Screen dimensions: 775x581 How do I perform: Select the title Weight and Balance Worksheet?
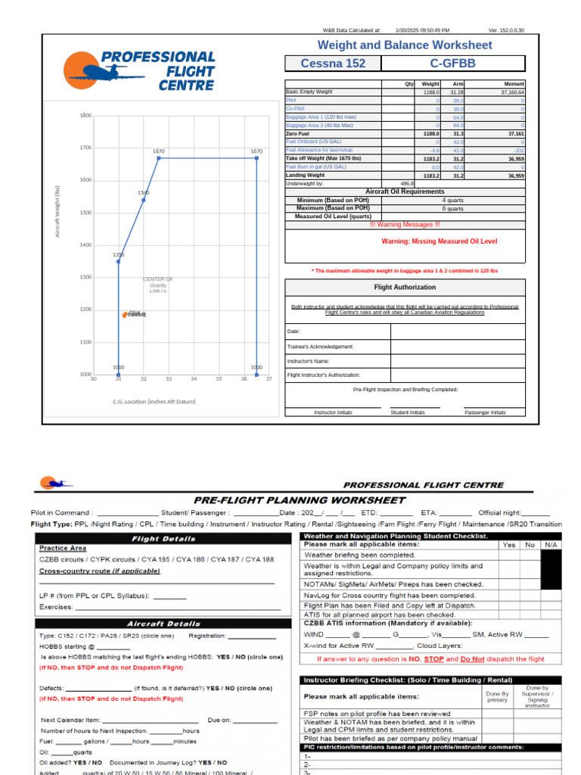pyautogui.click(x=404, y=45)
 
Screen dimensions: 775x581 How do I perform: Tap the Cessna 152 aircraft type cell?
pyautogui.click(x=333, y=64)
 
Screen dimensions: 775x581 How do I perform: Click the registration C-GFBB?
pyautogui.click(x=452, y=64)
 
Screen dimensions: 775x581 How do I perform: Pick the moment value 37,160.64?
pyautogui.click(x=507, y=92)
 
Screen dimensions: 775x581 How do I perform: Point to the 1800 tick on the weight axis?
pyautogui.click(x=85, y=116)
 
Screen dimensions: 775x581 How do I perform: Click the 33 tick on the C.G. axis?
pyautogui.click(x=169, y=379)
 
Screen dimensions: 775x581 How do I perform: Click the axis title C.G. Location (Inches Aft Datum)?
pyautogui.click(x=154, y=401)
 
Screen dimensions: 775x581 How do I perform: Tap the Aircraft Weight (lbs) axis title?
pyautogui.click(x=57, y=211)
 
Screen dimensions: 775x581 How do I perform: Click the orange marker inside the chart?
pyautogui.click(x=126, y=315)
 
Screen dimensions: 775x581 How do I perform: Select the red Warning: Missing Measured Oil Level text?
pyautogui.click(x=440, y=241)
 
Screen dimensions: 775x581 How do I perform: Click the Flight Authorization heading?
pyautogui.click(x=405, y=288)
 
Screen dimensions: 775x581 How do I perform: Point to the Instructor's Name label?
pyautogui.click(x=307, y=361)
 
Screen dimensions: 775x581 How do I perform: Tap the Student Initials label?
pyautogui.click(x=407, y=412)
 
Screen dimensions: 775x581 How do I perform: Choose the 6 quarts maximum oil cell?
pyautogui.click(x=452, y=208)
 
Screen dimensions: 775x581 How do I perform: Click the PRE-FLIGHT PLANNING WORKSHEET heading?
pyautogui.click(x=300, y=500)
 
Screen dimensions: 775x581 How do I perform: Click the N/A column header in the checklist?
pyautogui.click(x=551, y=544)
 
